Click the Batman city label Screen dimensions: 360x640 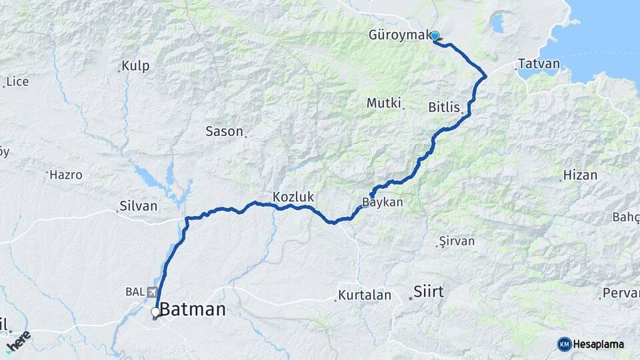[193, 309]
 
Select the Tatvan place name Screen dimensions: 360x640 [539, 64]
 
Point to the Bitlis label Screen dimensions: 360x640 [445, 107]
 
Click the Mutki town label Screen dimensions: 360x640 [383, 103]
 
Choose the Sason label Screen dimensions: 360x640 [224, 131]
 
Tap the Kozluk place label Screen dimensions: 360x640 [293, 197]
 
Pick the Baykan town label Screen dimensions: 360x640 [383, 202]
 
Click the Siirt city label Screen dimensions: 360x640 [429, 291]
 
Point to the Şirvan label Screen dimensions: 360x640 [457, 241]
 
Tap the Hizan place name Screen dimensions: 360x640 [580, 175]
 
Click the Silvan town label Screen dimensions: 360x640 [138, 206]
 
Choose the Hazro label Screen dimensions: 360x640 [67, 175]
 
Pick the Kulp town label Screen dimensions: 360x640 [135, 67]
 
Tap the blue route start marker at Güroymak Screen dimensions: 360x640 [435, 36]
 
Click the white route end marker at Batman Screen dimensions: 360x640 [155, 312]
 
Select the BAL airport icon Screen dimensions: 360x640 [153, 292]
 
